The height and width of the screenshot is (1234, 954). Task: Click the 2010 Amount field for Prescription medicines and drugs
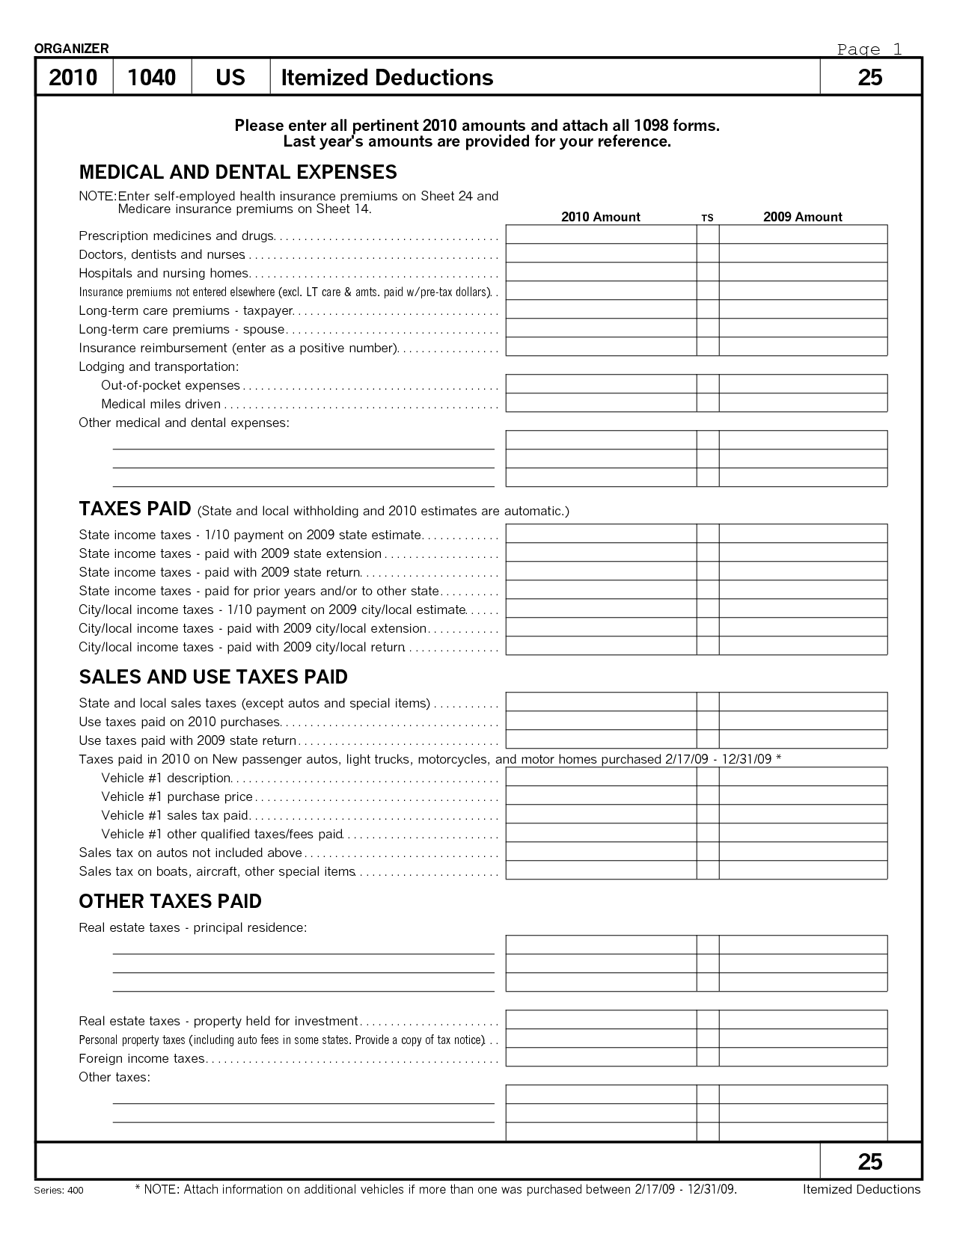601,235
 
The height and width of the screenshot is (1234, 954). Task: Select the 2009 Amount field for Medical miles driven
803,403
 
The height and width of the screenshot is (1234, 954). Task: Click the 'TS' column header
707,218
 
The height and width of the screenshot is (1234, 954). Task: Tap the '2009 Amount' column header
802,217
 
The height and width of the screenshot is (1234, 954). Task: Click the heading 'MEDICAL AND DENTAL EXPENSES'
238,172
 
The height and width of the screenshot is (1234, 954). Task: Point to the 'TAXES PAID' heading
135,509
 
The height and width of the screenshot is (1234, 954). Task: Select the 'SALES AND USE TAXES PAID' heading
213,677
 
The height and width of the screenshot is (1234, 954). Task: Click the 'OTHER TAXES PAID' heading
170,901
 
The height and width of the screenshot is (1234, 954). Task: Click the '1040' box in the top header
152,77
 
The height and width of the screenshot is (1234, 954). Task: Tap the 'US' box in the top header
230,77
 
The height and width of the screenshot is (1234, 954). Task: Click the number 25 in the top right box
869,77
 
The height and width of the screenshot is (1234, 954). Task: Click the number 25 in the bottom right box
869,1161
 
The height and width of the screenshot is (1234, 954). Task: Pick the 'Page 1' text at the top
869,49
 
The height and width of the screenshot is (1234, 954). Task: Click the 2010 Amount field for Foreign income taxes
601,1058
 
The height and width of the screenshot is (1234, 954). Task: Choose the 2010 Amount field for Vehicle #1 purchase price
601,796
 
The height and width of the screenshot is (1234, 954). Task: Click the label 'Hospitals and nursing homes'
163,273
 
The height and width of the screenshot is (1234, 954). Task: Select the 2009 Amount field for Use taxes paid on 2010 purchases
803,721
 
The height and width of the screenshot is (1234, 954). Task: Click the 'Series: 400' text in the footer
59,1191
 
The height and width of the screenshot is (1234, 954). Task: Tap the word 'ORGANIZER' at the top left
71,49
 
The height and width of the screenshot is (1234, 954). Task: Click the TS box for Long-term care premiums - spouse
707,328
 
